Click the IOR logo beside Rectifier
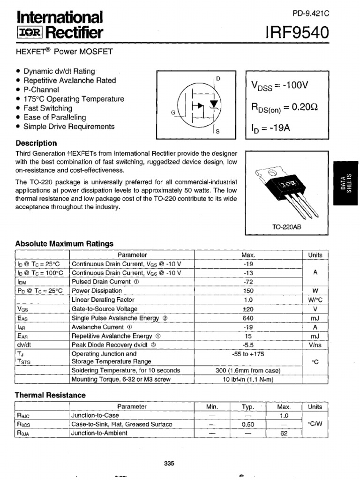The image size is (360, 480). coord(30,33)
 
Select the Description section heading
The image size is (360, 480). coord(36,143)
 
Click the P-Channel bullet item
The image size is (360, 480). coord(41,90)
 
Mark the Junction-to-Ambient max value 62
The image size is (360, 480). coord(284,433)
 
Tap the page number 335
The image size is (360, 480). coord(169,464)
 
